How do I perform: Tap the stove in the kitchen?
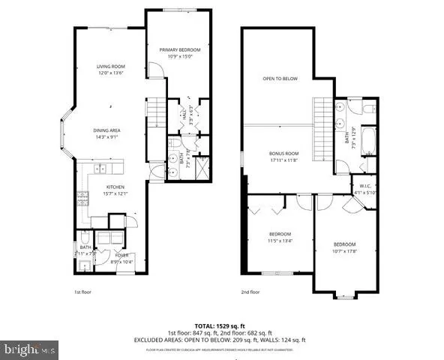click(82, 199)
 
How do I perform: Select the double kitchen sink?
click(100, 168)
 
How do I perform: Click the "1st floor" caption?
click(83, 292)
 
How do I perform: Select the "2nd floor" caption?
click(250, 292)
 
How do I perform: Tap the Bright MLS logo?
click(30, 349)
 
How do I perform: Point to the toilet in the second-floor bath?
click(368, 109)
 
